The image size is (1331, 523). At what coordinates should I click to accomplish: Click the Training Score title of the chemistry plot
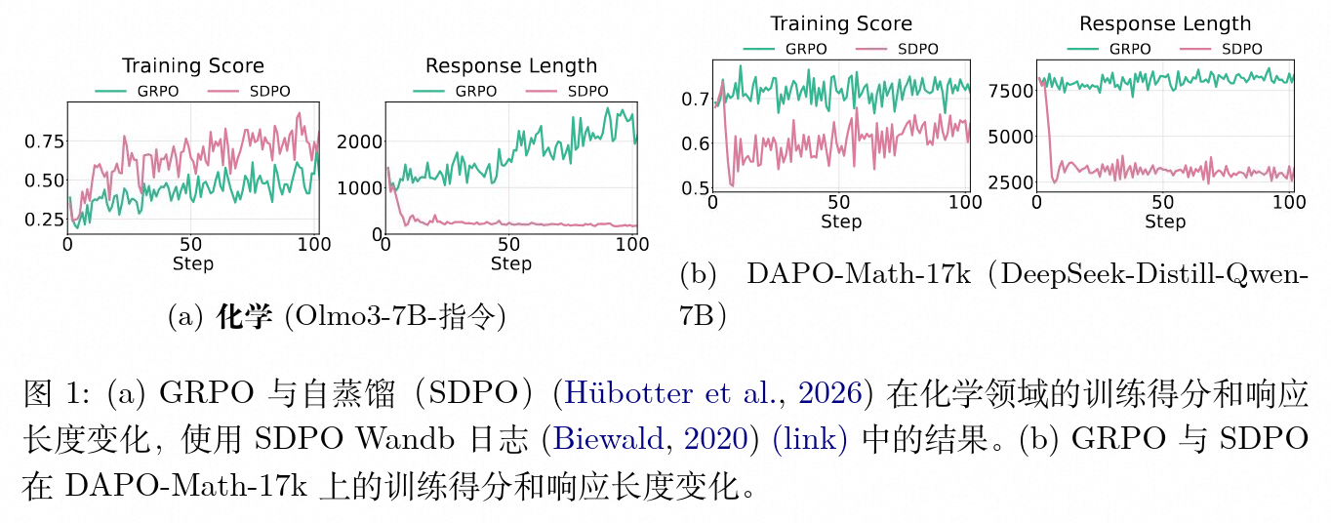coord(192,66)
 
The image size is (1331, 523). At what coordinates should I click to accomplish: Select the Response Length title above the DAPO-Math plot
coord(1164,24)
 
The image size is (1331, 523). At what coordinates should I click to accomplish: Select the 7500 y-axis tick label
coord(1008,91)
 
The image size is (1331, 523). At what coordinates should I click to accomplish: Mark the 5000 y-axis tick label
coord(1008,137)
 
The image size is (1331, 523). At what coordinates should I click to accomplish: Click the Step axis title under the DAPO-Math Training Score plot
coord(840,221)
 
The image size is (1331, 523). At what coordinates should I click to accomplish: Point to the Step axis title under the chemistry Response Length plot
coord(510,263)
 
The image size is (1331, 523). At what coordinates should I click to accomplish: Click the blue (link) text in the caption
coord(810,438)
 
